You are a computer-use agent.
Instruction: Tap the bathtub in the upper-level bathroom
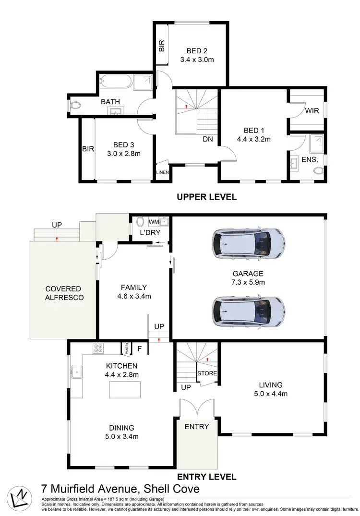(x=115, y=81)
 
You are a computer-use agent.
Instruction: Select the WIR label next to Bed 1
(x=312, y=110)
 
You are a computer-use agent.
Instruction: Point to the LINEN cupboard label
(x=162, y=173)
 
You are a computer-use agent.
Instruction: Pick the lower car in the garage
(x=249, y=311)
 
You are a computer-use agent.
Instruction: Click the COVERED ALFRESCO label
(x=64, y=293)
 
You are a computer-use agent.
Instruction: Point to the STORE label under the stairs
(x=207, y=373)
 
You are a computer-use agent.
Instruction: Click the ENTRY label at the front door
(x=197, y=427)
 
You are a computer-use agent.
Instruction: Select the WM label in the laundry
(x=153, y=222)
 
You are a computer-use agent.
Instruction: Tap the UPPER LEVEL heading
(x=206, y=197)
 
